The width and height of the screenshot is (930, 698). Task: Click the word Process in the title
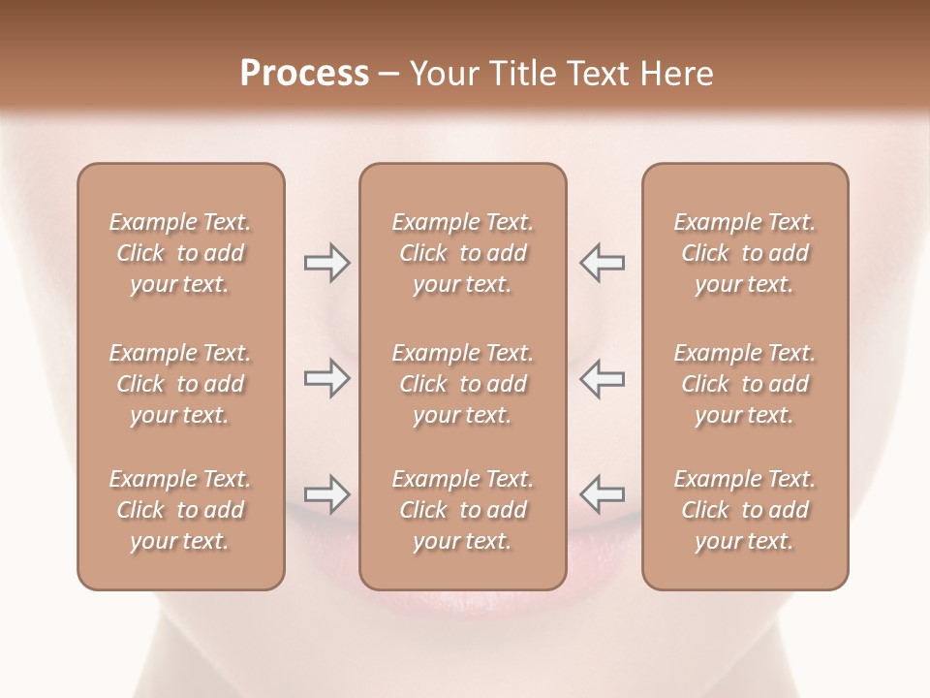coord(304,73)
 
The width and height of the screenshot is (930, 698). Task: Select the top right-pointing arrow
coord(326,263)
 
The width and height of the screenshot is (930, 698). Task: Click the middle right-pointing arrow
coord(326,378)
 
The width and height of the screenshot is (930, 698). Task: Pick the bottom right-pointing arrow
coord(326,494)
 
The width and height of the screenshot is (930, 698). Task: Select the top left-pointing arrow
coord(602,263)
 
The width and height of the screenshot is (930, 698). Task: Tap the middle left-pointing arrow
coord(602,378)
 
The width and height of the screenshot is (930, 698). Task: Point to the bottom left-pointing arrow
coord(602,494)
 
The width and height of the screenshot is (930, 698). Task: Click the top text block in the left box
coord(180,253)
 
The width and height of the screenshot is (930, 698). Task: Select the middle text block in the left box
coord(180,384)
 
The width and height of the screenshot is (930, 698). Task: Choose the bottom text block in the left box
coord(180,510)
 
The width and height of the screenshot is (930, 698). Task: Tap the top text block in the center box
coord(462,253)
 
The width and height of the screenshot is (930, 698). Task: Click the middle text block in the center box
coord(462,384)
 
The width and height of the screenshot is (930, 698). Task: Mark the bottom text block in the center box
coord(462,510)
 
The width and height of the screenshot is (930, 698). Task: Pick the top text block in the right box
coord(745,253)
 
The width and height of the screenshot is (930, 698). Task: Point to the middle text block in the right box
coord(745,384)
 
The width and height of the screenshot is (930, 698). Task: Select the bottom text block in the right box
coord(745,510)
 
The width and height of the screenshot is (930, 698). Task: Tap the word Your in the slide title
coord(442,73)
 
